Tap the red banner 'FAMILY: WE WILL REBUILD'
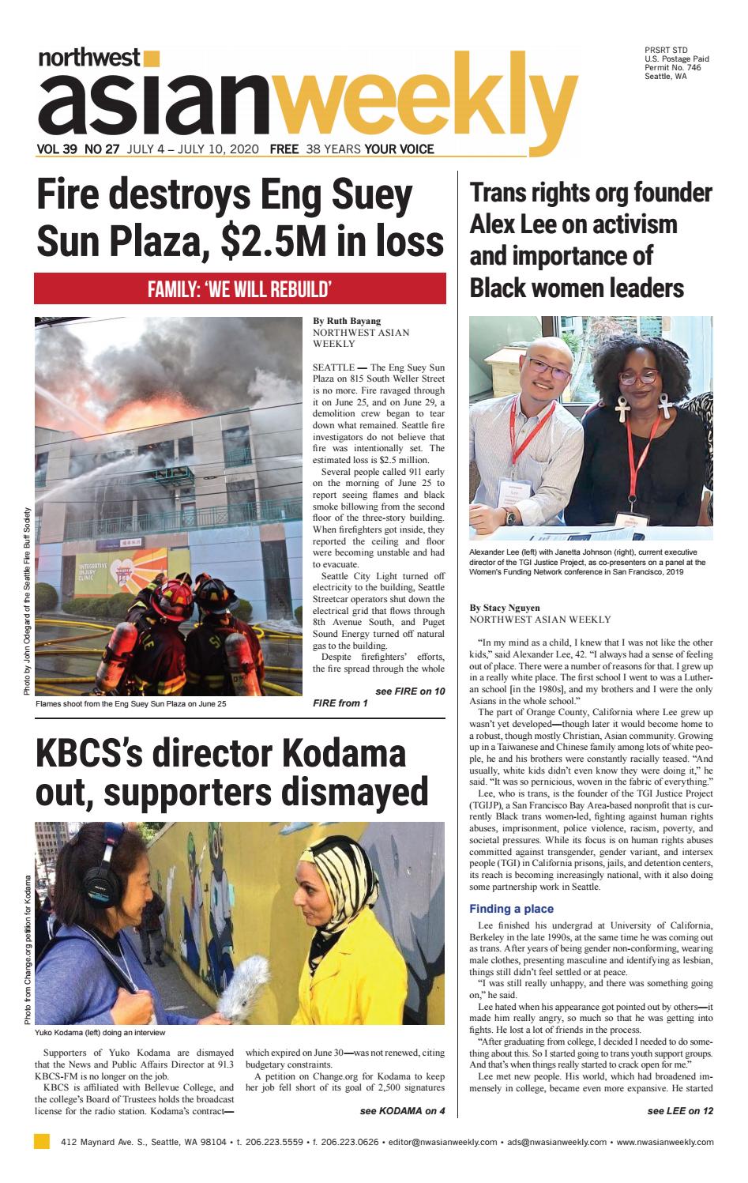coord(239,288)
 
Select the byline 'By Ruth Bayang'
coord(347,321)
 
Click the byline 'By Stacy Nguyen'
coord(505,608)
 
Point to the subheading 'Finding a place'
coord(511,909)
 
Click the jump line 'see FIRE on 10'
coord(409,691)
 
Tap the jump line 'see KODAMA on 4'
coord(402,1110)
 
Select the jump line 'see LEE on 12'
coord(679,1110)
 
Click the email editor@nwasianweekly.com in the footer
coord(453,1142)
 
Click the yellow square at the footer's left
coord(42,1141)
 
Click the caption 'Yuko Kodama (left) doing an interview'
coord(100,1033)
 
